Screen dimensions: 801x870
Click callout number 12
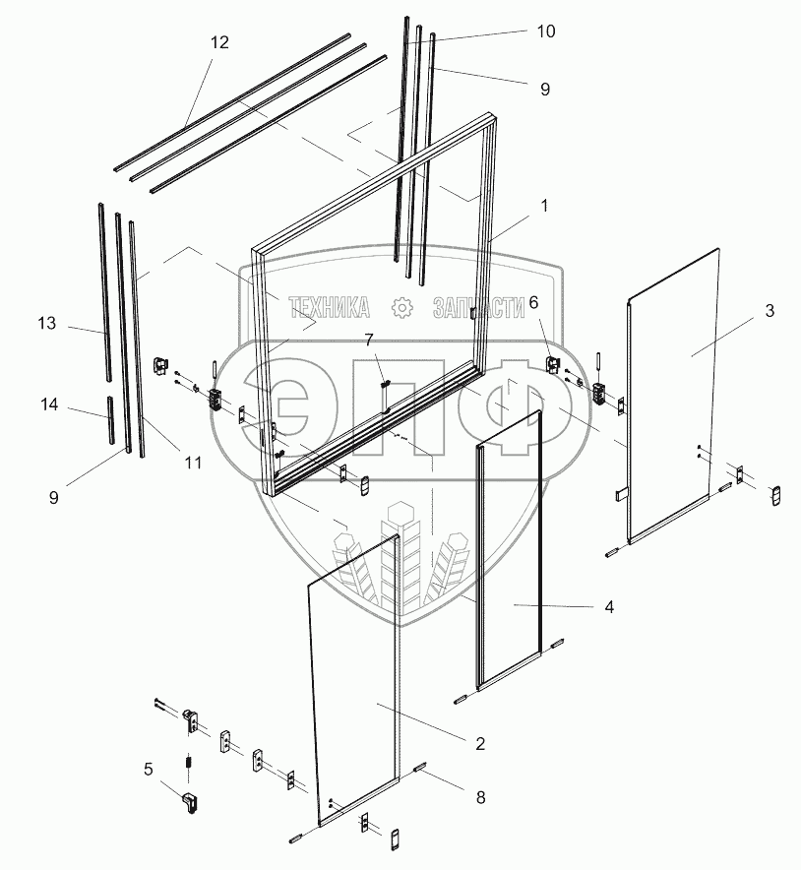click(x=219, y=42)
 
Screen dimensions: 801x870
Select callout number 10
click(x=544, y=31)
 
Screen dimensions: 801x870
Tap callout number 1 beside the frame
click(x=543, y=207)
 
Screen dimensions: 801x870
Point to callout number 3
click(x=769, y=311)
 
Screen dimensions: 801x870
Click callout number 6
click(x=533, y=303)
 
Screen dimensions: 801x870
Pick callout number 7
click(x=369, y=341)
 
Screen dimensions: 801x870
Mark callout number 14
click(x=49, y=405)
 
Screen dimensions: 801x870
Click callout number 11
click(x=191, y=462)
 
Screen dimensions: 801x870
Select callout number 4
click(x=608, y=607)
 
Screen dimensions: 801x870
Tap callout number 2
click(x=479, y=743)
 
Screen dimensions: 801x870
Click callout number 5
click(x=148, y=769)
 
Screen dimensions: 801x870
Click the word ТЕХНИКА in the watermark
click(x=329, y=309)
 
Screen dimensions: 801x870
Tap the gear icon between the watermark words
click(x=401, y=308)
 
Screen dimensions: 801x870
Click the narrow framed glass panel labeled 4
click(x=510, y=551)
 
